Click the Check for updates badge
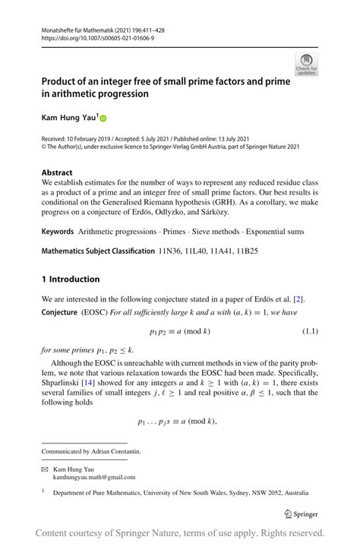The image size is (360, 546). pos(307,64)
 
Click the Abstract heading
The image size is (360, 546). pos(58,172)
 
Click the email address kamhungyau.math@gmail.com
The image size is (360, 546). pos(94,477)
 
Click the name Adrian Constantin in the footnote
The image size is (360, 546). pos(116,451)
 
